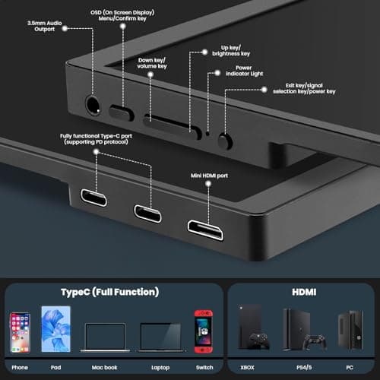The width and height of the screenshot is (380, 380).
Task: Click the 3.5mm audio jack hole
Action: [93, 105]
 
